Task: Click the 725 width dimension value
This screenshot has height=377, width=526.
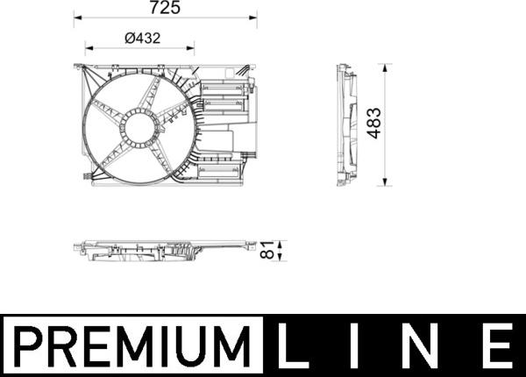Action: click(x=165, y=8)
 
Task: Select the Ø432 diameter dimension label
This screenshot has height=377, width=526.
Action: click(x=142, y=39)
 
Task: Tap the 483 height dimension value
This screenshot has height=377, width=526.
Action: click(x=374, y=123)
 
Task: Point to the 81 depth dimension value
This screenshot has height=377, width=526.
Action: click(x=267, y=250)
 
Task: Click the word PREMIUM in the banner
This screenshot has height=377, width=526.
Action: click(x=131, y=345)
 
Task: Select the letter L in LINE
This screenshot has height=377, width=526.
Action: click(x=292, y=345)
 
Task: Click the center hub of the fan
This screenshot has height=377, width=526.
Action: click(x=139, y=128)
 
